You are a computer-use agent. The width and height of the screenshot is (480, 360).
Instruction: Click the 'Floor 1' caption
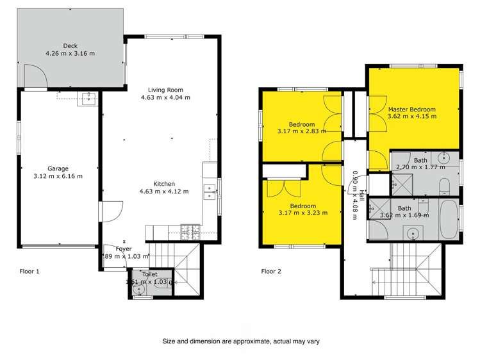(x=29, y=271)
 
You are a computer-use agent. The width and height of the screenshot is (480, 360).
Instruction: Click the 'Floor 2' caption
(x=272, y=271)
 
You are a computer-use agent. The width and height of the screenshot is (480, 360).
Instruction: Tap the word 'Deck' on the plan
(x=70, y=45)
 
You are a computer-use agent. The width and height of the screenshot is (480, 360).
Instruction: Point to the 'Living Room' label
(x=166, y=90)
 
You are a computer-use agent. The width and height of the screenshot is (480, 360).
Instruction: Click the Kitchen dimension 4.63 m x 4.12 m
(x=165, y=191)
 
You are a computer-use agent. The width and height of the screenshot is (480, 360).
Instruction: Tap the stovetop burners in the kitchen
(x=190, y=231)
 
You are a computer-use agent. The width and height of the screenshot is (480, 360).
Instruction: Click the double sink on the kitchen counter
(x=209, y=190)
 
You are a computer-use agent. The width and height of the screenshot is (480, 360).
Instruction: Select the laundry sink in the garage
(x=87, y=98)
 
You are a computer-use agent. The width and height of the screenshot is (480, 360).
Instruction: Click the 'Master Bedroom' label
(x=412, y=109)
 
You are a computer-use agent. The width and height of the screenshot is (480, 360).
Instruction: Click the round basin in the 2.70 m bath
(x=445, y=158)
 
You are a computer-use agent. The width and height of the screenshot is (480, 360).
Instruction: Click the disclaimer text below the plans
(x=240, y=341)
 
